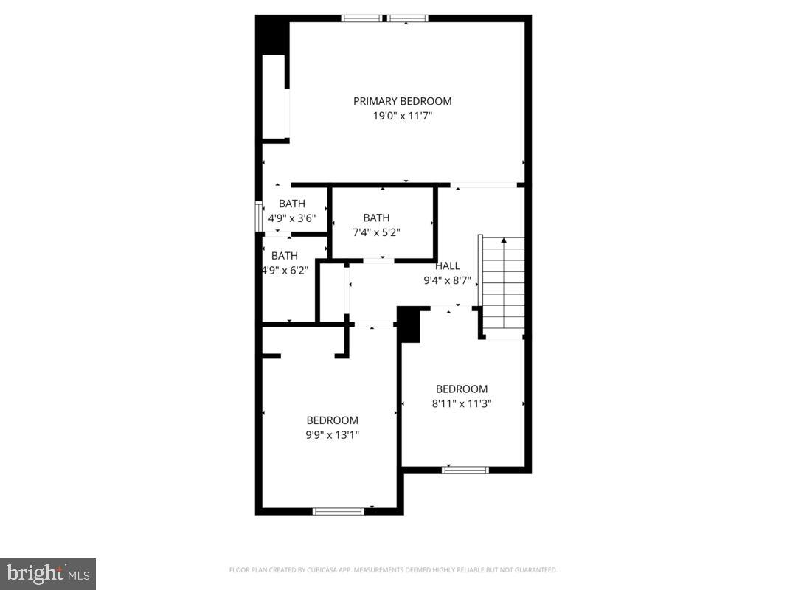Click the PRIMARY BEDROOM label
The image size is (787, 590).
point(402,101)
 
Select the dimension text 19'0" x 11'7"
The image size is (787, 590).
point(402,116)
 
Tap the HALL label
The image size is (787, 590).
point(447,266)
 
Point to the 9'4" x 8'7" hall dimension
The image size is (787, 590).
point(447,280)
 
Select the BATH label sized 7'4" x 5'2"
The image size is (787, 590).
point(376,218)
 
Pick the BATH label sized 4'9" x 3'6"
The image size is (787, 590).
point(291,204)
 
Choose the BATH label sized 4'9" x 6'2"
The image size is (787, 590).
point(285,256)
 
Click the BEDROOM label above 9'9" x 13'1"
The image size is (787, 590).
point(333,420)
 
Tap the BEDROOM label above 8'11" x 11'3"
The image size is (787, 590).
point(462,389)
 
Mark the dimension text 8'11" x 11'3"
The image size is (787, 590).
point(462,403)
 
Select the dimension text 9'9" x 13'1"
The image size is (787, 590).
point(333,434)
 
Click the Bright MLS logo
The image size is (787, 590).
point(48,573)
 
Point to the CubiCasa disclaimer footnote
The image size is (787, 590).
point(393,570)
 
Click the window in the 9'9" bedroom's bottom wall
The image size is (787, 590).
point(339,510)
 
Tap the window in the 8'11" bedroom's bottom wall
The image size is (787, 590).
point(465,469)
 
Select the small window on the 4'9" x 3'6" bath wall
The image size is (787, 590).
point(259,218)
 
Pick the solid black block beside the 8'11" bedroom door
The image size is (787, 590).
point(409,325)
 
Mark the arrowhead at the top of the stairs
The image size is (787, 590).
point(504,240)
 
